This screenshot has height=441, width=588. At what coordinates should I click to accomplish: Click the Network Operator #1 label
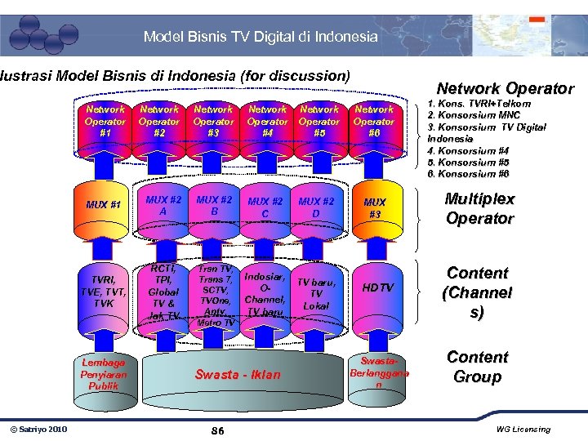[105, 121]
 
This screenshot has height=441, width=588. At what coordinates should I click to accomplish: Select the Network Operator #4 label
[267, 121]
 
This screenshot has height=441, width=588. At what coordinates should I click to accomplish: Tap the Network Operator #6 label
[374, 121]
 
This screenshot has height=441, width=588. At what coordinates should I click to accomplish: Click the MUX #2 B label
[213, 204]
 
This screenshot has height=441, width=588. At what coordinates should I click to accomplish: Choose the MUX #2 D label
[317, 207]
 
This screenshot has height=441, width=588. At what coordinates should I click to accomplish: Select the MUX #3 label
[375, 207]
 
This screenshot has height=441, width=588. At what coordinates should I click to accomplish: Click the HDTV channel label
[378, 287]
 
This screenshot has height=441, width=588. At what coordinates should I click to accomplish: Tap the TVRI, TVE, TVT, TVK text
[104, 290]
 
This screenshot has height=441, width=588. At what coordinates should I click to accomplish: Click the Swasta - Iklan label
[237, 375]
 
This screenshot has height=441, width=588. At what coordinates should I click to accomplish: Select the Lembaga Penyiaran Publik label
[104, 374]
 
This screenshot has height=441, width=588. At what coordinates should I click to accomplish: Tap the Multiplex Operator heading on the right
[479, 209]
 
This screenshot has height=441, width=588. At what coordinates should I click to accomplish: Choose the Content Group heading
[478, 367]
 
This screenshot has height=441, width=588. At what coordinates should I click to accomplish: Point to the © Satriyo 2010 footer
[38, 430]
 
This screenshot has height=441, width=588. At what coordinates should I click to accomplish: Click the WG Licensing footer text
[523, 430]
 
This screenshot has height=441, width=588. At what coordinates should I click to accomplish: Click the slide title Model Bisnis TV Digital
[261, 36]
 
